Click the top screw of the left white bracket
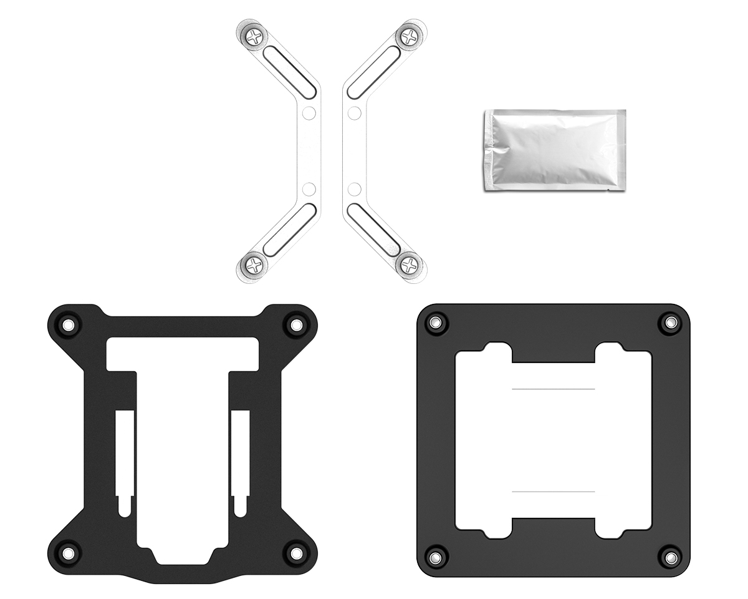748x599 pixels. click(254, 37)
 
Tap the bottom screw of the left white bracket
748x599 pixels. click(254, 266)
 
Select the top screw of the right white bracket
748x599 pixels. click(409, 37)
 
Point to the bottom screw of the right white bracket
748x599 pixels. click(409, 266)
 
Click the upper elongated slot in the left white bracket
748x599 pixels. click(287, 71)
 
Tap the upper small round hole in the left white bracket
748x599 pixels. click(309, 114)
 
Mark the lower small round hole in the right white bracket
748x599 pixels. click(355, 188)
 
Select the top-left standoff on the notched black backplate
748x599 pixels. click(67, 325)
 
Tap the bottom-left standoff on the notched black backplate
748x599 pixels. click(67, 552)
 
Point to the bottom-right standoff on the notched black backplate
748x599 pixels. click(295, 552)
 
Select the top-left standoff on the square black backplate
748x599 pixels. click(436, 323)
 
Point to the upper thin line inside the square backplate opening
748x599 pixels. click(553, 389)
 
